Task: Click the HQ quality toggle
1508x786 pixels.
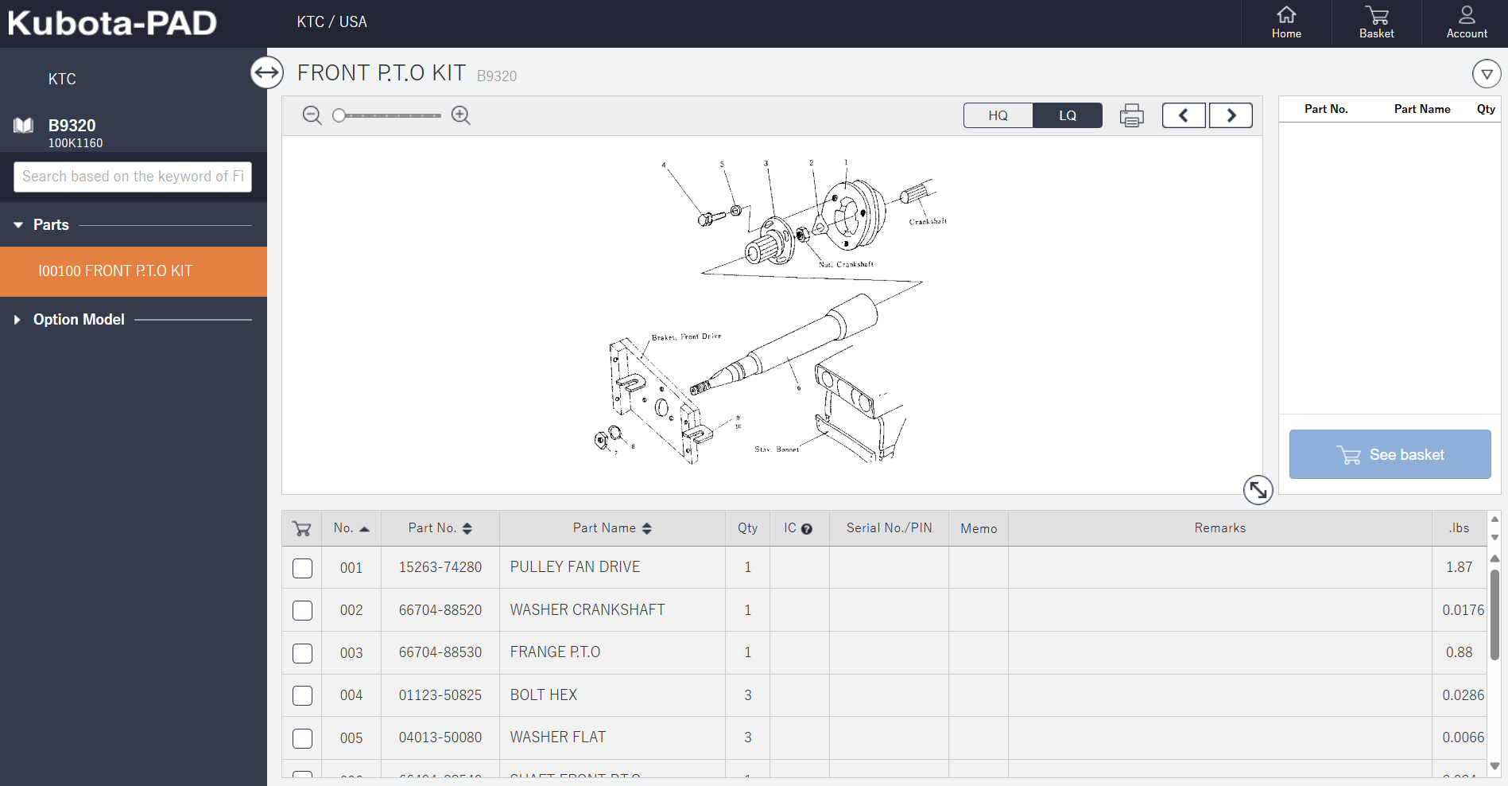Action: (998, 115)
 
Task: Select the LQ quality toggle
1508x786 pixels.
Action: (1068, 115)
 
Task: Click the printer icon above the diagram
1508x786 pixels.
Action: (1131, 116)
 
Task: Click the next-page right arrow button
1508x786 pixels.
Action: (1231, 115)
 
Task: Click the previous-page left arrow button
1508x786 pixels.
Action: (1184, 115)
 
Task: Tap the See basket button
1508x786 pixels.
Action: (1390, 454)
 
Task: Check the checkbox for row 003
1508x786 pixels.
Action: (303, 653)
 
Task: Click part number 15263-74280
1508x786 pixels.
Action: (440, 567)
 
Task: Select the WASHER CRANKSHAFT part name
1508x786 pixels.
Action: (587, 610)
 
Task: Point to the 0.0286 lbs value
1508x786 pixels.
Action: (1463, 695)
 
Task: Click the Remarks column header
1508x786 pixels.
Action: (1219, 528)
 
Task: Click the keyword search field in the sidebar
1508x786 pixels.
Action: (133, 177)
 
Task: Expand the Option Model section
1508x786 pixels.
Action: (79, 320)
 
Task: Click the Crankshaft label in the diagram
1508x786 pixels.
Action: (928, 222)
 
